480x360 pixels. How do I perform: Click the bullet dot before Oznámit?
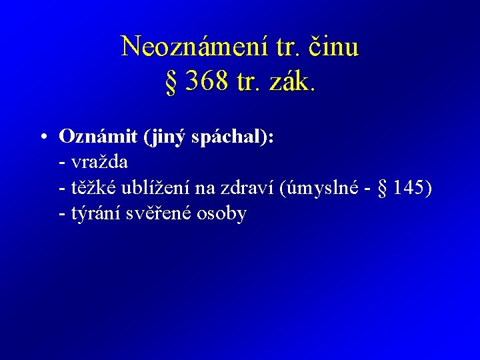pyautogui.click(x=42, y=137)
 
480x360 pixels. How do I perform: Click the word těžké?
pyautogui.click(x=95, y=189)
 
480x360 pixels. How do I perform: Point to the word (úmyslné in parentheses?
pyautogui.click(x=319, y=189)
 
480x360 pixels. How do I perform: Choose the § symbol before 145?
pyautogui.click(x=382, y=189)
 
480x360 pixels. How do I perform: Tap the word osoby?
pyautogui.click(x=223, y=215)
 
